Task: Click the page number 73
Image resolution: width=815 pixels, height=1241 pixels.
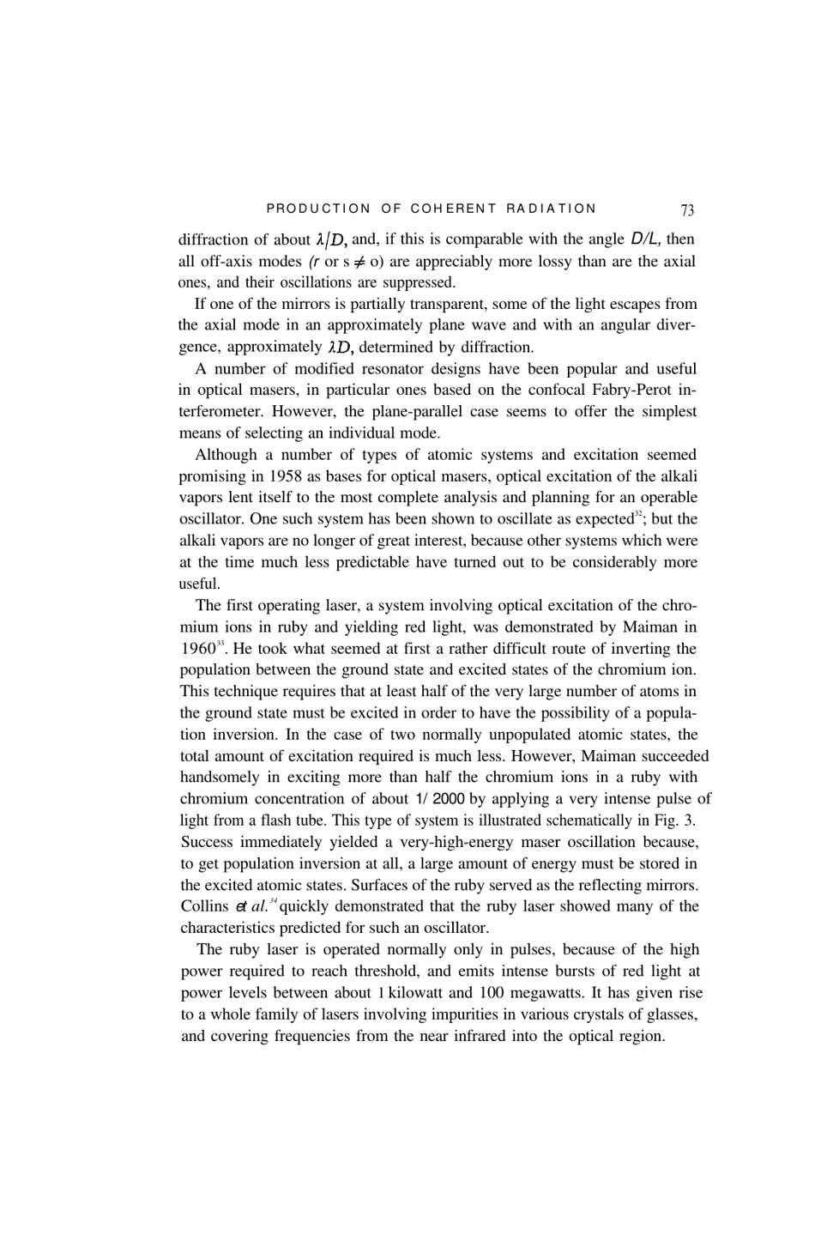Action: point(687,209)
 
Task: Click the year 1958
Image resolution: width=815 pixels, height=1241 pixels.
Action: point(287,476)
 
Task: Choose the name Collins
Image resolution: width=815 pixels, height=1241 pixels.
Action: point(204,906)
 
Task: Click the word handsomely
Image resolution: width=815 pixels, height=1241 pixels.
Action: point(220,778)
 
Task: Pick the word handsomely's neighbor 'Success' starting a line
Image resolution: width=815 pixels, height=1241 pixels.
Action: point(208,842)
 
